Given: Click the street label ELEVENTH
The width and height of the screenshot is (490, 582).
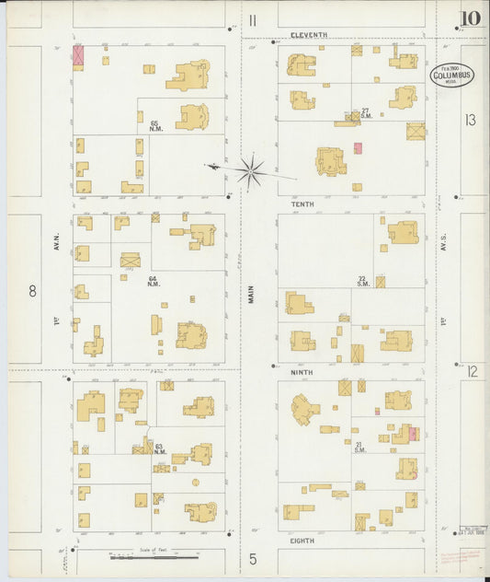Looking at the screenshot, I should (308, 35).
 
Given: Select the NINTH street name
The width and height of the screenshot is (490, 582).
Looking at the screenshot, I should (302, 372).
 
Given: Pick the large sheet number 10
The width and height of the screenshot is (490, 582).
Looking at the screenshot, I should (471, 17).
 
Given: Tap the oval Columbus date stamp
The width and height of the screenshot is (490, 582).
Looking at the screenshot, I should (452, 76).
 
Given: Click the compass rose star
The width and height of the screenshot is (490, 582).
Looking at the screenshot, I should (249, 169).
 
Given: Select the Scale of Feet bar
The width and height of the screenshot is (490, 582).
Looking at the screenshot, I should (154, 556).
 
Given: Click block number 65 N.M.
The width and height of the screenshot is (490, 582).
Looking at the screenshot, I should (154, 124).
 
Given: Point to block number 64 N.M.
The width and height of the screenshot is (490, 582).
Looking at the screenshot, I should (154, 280).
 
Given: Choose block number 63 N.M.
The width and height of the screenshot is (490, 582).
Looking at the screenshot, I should (159, 448).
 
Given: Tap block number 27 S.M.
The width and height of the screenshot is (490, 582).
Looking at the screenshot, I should (365, 112).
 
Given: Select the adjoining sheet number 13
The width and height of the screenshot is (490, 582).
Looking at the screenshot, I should (471, 120).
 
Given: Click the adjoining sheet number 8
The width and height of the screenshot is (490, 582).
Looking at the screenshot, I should (32, 291).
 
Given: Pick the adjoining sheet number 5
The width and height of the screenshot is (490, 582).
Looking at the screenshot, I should (251, 558).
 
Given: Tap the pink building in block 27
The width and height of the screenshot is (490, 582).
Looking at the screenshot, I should (358, 147).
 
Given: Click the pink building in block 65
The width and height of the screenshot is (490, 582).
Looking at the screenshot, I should (78, 55).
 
